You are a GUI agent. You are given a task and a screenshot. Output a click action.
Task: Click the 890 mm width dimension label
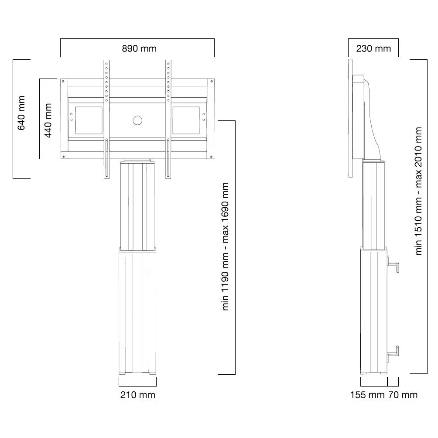(139, 48)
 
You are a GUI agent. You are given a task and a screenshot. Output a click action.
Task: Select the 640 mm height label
(21, 113)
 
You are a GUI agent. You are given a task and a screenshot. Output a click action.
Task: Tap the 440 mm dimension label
(48, 120)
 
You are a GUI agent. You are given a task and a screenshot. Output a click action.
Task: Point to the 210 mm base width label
(138, 395)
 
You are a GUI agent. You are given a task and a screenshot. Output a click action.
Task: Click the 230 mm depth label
(373, 48)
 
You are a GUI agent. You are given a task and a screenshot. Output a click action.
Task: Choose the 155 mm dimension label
(367, 395)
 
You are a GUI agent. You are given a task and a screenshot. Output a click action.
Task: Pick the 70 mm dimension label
(403, 395)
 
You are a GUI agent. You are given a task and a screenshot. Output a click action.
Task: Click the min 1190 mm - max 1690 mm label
(225, 246)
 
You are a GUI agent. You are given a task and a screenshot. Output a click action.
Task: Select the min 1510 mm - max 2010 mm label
(418, 191)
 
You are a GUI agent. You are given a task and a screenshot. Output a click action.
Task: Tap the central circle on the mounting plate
(137, 120)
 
